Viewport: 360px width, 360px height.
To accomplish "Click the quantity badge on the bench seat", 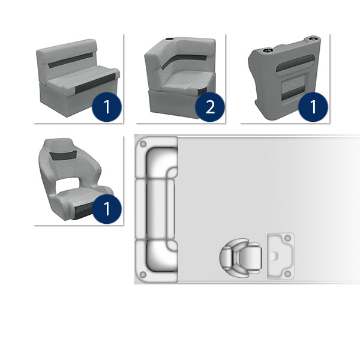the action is [x=107, y=107].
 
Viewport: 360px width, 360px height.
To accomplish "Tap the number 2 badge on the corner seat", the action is [x=210, y=107].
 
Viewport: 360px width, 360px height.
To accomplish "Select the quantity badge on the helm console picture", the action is [x=313, y=107].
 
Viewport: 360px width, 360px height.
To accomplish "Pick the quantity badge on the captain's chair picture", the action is [x=107, y=209].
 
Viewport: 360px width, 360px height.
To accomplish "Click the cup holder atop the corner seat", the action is [x=170, y=39].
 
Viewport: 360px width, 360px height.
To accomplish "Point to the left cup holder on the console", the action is [x=267, y=50].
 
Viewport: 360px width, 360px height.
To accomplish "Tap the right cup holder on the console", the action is [x=313, y=38].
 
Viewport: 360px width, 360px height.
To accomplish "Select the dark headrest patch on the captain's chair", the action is [x=63, y=156].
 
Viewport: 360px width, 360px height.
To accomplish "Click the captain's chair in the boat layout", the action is [x=241, y=257].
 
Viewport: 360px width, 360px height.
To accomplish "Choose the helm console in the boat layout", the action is [x=281, y=256].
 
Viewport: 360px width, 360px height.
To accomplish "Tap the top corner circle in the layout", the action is [x=143, y=145].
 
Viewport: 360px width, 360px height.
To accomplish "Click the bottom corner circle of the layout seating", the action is [x=143, y=275].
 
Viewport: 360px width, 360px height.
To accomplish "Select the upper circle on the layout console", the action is [x=287, y=238].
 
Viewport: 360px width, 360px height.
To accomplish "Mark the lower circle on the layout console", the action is [x=287, y=274].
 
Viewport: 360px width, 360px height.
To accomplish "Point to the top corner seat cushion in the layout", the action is [x=161, y=163].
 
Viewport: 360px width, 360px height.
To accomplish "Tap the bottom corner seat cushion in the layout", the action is [x=161, y=256].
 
